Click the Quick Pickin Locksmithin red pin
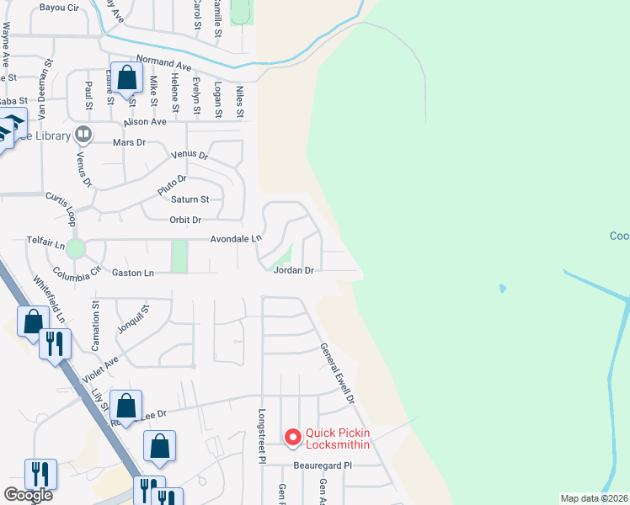pyautogui.click(x=293, y=437)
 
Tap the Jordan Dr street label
pyautogui.click(x=293, y=271)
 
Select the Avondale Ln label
pyautogui.click(x=236, y=239)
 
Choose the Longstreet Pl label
pyautogui.click(x=262, y=437)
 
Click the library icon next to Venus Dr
pyautogui.click(x=83, y=134)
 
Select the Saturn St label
pyautogui.click(x=190, y=199)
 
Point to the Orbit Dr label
pyautogui.click(x=185, y=220)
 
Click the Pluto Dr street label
pyautogui.click(x=171, y=184)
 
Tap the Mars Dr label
pyautogui.click(x=130, y=143)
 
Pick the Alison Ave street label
pyautogui.click(x=145, y=122)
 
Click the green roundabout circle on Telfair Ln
pyautogui.click(x=76, y=248)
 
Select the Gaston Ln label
pyautogui.click(x=133, y=273)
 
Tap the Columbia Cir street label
pyautogui.click(x=76, y=273)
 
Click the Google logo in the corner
pyautogui.click(x=28, y=495)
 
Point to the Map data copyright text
pyautogui.click(x=595, y=498)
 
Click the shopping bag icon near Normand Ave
pyautogui.click(x=126, y=79)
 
